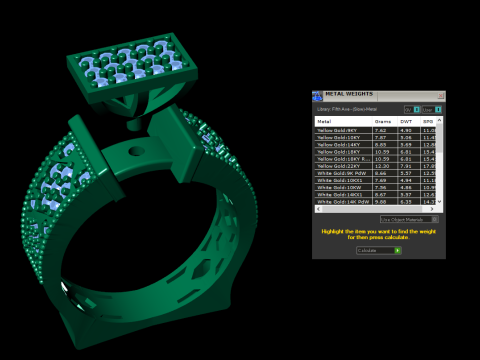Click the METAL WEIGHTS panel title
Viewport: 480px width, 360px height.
pyautogui.click(x=347, y=95)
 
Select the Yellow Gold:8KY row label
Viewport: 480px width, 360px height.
pyautogui.click(x=335, y=129)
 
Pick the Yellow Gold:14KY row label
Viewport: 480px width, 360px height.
pyautogui.click(x=336, y=143)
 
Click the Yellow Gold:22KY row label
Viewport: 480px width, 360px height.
pyautogui.click(x=336, y=165)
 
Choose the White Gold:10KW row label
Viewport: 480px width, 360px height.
pyautogui.click(x=336, y=186)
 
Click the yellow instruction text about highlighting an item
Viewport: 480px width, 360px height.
pyautogui.click(x=378, y=233)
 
